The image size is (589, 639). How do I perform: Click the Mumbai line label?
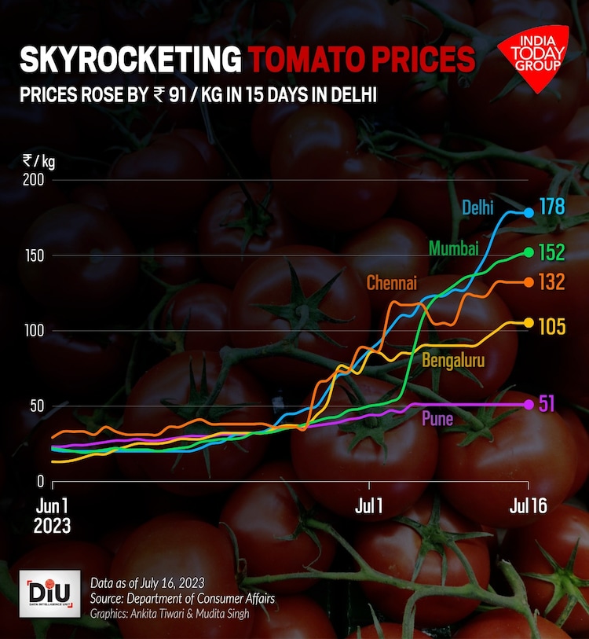tap(454, 249)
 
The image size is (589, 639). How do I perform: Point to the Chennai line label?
tap(392, 283)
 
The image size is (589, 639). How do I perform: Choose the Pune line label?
tap(437, 418)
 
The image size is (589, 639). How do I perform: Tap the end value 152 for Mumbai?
tap(551, 252)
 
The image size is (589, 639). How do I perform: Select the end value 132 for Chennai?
tap(551, 282)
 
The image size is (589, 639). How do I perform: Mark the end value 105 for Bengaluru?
tap(551, 327)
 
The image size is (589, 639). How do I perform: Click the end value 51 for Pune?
tap(547, 404)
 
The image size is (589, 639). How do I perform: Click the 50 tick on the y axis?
tap(39, 406)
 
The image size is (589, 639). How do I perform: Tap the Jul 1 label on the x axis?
tap(368, 507)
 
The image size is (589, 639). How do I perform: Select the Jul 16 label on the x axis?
tap(528, 507)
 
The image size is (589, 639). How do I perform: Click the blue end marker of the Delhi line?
tap(529, 212)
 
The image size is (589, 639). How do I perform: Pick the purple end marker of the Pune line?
tap(529, 404)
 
